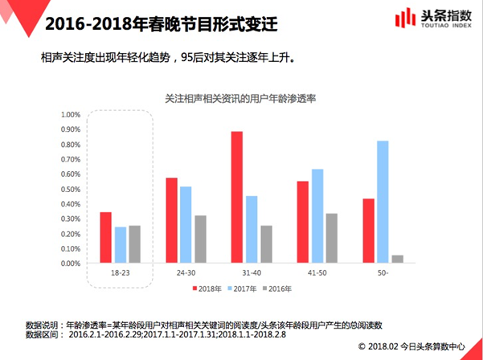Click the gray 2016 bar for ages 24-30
[200, 239]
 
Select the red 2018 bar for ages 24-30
[171, 220]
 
